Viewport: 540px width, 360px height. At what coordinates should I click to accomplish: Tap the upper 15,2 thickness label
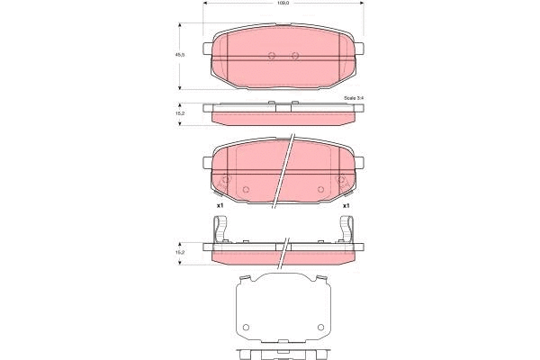tap(179, 113)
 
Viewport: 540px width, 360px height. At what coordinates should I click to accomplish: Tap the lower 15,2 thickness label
tap(179, 251)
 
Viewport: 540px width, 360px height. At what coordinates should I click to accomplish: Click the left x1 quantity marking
tap(219, 206)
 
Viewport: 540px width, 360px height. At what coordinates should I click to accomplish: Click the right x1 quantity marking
tap(347, 206)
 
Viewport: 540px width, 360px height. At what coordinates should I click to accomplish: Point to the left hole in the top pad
tap(272, 56)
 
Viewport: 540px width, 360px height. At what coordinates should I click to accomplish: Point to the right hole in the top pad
tap(295, 56)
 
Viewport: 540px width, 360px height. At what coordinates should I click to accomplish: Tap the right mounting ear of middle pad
tap(364, 163)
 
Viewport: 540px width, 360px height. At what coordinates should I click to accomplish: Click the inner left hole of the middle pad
tap(247, 188)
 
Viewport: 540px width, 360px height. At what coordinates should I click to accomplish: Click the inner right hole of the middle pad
tap(320, 188)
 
